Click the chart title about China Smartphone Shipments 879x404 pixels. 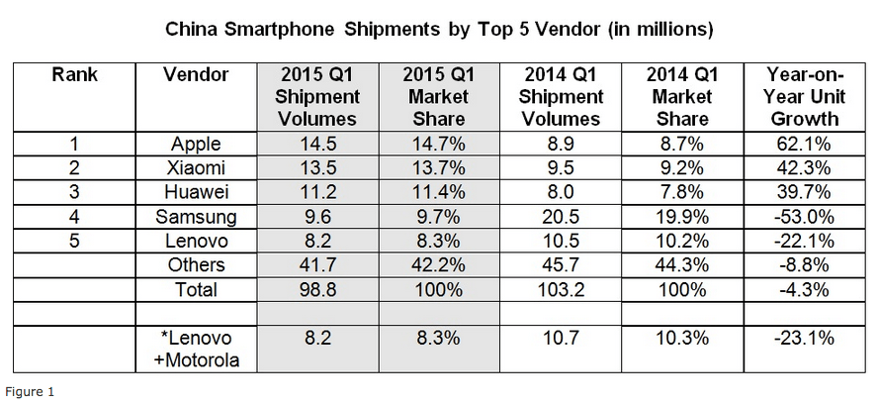click(438, 29)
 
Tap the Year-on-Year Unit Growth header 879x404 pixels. click(803, 96)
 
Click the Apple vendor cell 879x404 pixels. click(196, 144)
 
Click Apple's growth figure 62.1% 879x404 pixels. click(803, 144)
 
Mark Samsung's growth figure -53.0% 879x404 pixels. click(803, 216)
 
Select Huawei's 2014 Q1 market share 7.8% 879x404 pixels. click(682, 192)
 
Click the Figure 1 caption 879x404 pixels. click(28, 392)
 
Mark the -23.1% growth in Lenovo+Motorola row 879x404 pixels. click(803, 337)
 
